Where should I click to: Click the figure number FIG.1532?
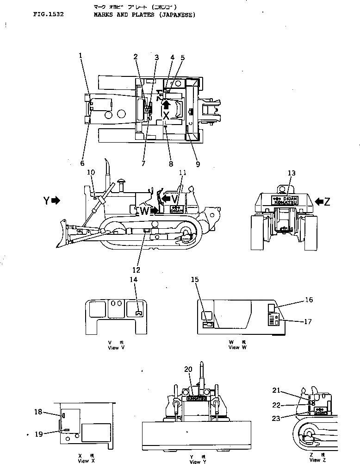pyautogui.click(x=48, y=15)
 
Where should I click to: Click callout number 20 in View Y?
pyautogui.click(x=188, y=369)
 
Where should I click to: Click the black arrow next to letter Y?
pyautogui.click(x=56, y=201)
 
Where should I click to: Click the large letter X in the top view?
pyautogui.click(x=166, y=116)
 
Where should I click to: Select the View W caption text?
pyautogui.click(x=235, y=347)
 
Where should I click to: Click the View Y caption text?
pyautogui.click(x=195, y=461)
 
